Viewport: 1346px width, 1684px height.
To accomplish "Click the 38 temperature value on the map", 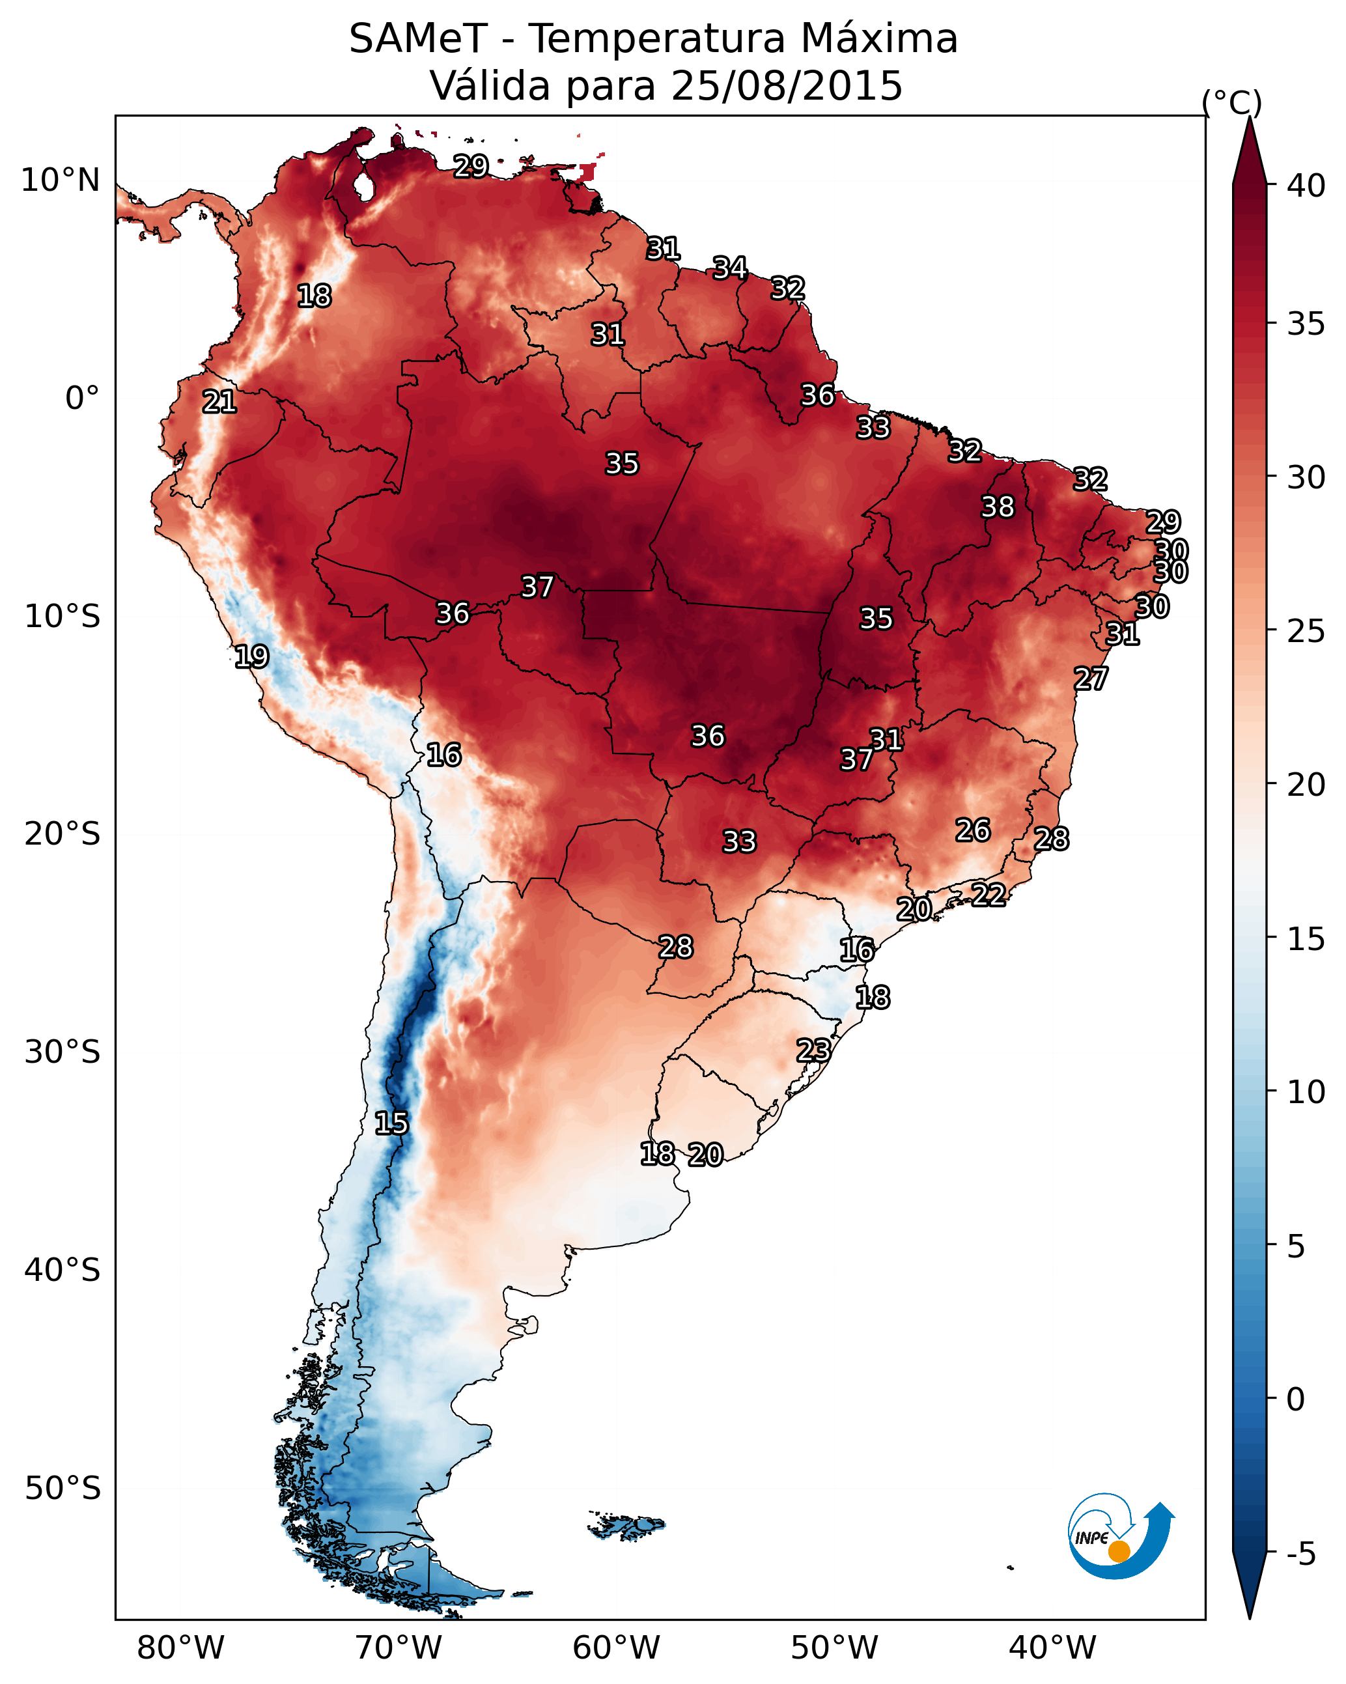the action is click(x=998, y=507).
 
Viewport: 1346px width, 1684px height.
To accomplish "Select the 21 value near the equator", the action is click(x=219, y=402).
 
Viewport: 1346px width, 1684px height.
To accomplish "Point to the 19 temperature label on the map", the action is click(x=251, y=656).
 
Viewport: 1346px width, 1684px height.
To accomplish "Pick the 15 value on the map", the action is click(x=391, y=1123).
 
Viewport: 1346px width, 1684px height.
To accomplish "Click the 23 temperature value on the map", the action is click(x=813, y=1049).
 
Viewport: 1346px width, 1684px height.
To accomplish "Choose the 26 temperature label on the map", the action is click(x=973, y=830).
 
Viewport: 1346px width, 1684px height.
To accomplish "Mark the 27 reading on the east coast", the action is click(x=1091, y=678).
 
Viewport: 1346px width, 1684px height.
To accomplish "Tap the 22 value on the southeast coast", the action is click(x=988, y=893).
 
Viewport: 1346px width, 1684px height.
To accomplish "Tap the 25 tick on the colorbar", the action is click(x=1306, y=630).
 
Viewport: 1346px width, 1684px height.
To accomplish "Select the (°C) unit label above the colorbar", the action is click(x=1232, y=102).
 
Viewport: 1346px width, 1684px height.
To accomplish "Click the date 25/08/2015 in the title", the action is click(x=787, y=85).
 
